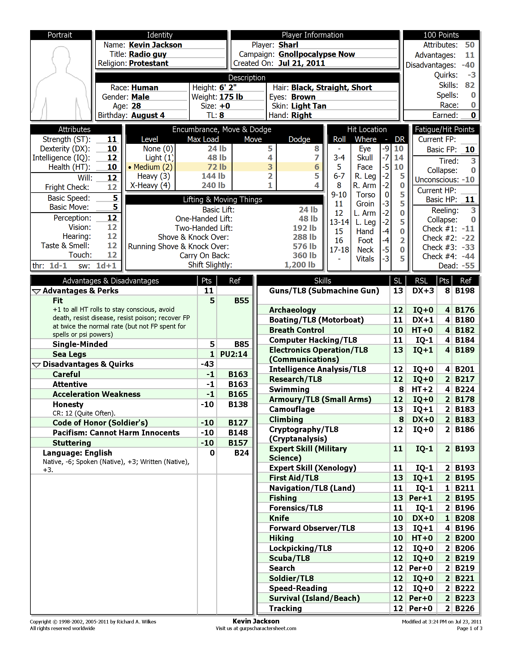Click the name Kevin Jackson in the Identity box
(x=155, y=45)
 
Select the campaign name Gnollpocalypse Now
(x=317, y=54)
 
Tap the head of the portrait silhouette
(x=61, y=56)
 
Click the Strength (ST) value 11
(x=112, y=139)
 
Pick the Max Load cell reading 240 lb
(x=214, y=185)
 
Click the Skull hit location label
(x=365, y=158)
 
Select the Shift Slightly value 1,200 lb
(x=300, y=265)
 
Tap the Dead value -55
(x=468, y=266)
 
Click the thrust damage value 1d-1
(x=58, y=266)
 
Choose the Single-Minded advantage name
(x=80, y=344)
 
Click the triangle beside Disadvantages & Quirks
(x=36, y=365)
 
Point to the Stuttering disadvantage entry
(x=72, y=443)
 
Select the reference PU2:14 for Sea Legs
(x=234, y=354)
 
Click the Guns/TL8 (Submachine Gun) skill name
(x=324, y=291)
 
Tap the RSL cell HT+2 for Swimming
(x=422, y=389)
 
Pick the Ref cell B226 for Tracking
(x=465, y=608)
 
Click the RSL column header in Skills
(x=421, y=281)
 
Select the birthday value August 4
(x=148, y=116)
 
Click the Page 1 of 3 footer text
(x=469, y=628)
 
